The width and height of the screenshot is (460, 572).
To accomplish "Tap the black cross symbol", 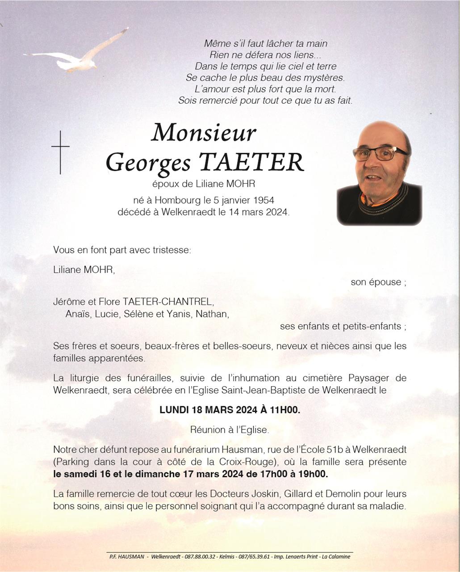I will pos(60,151).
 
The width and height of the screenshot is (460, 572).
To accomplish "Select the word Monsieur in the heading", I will pos(204,133).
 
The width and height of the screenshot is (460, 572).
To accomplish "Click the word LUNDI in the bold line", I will pos(174,410).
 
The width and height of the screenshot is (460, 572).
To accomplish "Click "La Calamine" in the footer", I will pos(336,556).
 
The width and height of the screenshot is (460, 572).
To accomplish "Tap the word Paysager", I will pos(375,378).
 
